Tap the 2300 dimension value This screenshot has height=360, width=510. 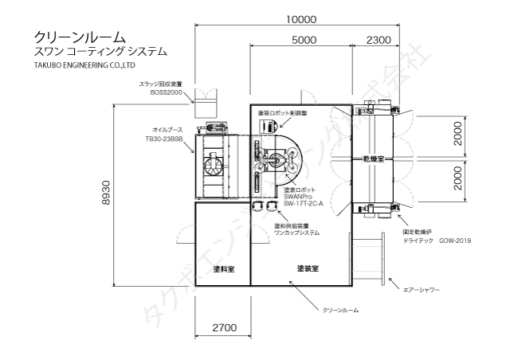point(379,40)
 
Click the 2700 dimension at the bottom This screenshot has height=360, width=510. point(223,327)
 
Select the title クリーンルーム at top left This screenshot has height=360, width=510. point(79,37)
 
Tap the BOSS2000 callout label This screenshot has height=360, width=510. point(167,92)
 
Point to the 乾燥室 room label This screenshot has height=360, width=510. point(374,159)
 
